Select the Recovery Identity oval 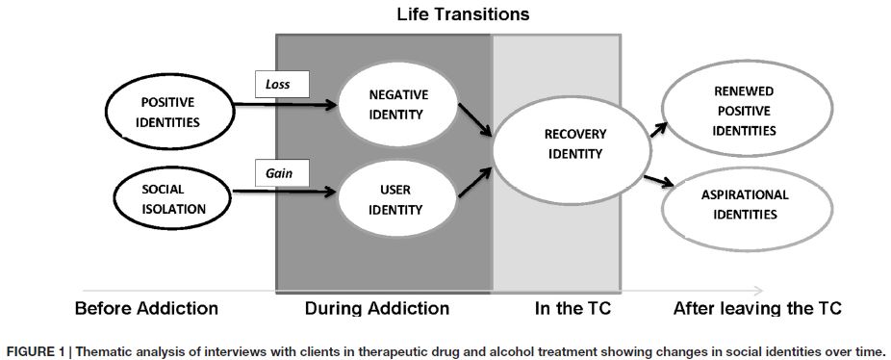click(x=567, y=145)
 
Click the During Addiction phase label click(x=377, y=309)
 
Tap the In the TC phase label click(x=573, y=309)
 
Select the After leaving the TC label click(x=757, y=309)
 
